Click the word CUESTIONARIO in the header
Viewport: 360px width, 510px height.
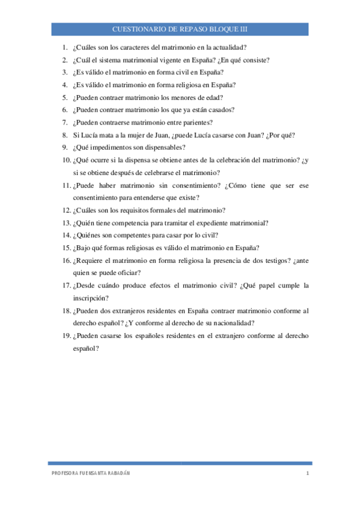tap(135, 29)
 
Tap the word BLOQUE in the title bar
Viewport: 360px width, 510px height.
tap(219, 29)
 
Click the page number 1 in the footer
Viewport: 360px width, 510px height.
tap(307, 475)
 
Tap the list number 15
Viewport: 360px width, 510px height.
tap(66, 248)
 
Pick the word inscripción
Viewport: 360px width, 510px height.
tap(91, 298)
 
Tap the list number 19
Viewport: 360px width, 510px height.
tap(66, 336)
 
